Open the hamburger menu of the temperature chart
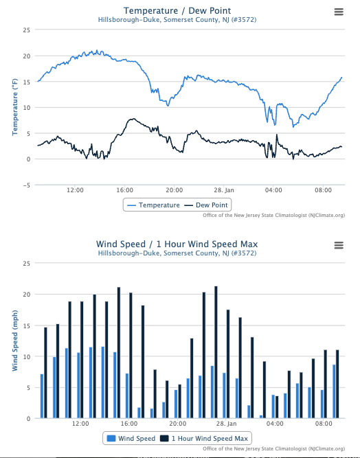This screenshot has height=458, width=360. (x=338, y=12)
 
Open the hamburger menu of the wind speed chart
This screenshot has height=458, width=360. (x=338, y=245)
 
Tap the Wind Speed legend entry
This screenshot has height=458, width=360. (x=131, y=437)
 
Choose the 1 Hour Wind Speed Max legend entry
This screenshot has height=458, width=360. (x=205, y=437)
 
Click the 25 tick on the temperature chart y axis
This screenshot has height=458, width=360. (x=26, y=30)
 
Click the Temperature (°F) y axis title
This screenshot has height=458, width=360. (x=14, y=106)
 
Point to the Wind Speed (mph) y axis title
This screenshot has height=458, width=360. (x=14, y=341)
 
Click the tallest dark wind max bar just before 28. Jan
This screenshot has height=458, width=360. (x=216, y=352)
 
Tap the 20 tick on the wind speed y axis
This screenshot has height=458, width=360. (x=26, y=294)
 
